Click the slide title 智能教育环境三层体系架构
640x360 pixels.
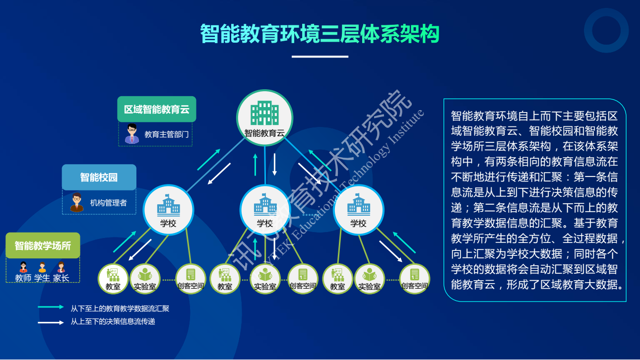[320, 34]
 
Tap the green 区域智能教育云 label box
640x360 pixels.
[157, 109]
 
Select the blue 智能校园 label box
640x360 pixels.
[99, 178]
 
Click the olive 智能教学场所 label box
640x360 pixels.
[43, 245]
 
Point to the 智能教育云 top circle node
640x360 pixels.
[264, 118]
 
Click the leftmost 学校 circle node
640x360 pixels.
[168, 210]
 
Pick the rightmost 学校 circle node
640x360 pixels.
[358, 210]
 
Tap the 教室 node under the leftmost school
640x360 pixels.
[113, 279]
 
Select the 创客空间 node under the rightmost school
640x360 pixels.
[414, 279]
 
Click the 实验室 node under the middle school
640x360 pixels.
[265, 279]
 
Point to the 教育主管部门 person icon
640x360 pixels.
[131, 133]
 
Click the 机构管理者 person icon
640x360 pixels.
[76, 202]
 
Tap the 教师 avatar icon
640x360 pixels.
[23, 267]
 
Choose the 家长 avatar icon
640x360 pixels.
[61, 267]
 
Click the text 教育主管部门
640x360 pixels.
[167, 134]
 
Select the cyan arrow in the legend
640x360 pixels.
[51, 307]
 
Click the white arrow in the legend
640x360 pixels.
[51, 323]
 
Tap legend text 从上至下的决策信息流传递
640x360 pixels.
[113, 322]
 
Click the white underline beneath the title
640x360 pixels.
[320, 57]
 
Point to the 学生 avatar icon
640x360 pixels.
[42, 267]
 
